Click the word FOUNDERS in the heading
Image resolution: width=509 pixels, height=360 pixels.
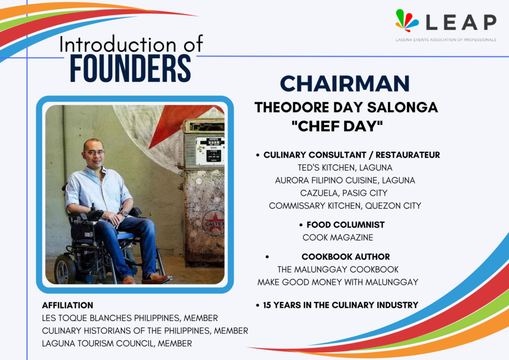point(130,68)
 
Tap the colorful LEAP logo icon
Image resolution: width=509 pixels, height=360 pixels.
point(407,20)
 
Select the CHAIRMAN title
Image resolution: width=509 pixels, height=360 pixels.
point(345,84)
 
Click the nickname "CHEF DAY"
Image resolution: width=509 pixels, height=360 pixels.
point(337,126)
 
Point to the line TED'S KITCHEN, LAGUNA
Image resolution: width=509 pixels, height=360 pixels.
point(345,168)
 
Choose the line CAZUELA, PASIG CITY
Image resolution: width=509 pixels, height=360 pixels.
point(344,193)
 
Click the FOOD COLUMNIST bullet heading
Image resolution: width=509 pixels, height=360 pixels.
point(345,225)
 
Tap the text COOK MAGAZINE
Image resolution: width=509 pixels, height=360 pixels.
point(338,237)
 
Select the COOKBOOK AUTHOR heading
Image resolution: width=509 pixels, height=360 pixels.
point(345,257)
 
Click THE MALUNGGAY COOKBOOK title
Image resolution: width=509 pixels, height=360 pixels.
point(338,269)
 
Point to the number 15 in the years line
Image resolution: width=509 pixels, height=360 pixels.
point(267,305)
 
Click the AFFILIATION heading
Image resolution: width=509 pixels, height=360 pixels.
point(68,305)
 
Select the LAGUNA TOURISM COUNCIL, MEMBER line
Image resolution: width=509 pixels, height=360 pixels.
point(117,343)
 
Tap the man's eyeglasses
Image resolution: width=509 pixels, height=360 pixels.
point(95,153)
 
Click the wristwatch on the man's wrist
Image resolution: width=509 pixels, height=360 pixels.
point(124,214)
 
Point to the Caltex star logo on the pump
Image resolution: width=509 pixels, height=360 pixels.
point(214,222)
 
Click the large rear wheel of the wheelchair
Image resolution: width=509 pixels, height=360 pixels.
point(66,269)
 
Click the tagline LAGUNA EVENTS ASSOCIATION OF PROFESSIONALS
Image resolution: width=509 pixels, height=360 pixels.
point(446,40)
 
